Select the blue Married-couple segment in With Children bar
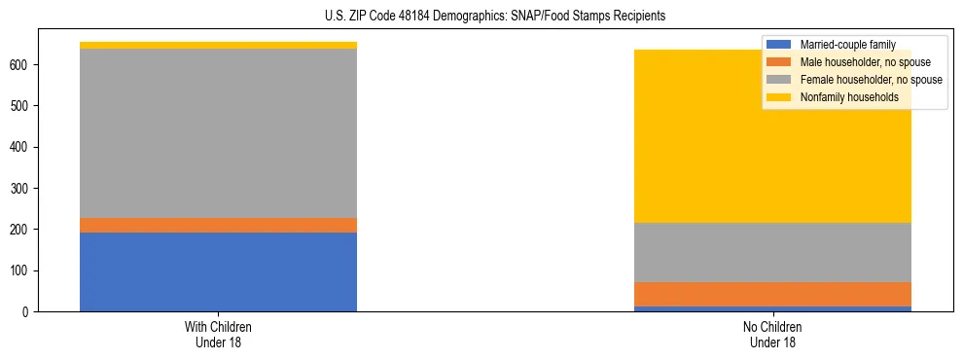click(x=218, y=271)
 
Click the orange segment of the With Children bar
click(x=218, y=225)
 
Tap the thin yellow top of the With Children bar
click(x=218, y=46)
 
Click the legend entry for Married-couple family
click(x=846, y=45)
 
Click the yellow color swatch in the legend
click(x=779, y=97)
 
